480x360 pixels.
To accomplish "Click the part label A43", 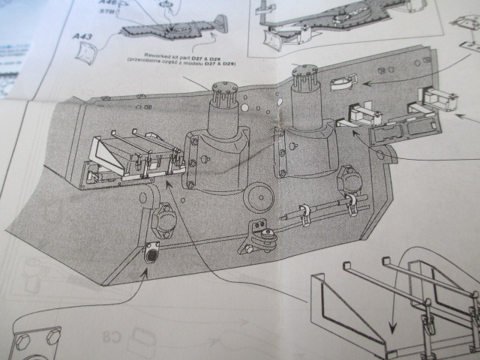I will [x=82, y=36].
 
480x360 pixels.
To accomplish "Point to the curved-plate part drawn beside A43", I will [x=88, y=51].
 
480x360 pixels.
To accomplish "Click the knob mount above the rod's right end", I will [x=346, y=178].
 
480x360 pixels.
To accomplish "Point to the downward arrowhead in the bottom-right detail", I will [x=390, y=331].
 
